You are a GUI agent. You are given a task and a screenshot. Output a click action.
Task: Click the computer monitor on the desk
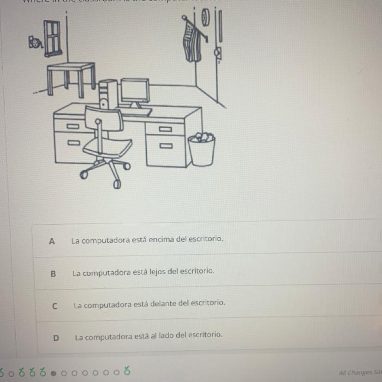(135, 90)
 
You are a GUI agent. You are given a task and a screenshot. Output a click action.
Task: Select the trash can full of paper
(202, 150)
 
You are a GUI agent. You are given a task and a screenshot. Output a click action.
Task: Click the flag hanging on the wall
(191, 42)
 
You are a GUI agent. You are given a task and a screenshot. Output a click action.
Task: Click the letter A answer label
(52, 241)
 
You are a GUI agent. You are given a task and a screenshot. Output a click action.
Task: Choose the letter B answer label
(53, 273)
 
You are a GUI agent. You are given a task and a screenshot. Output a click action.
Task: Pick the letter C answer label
(54, 305)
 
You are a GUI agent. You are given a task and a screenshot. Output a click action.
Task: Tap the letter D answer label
(56, 338)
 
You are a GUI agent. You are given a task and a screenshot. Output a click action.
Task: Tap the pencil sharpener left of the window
(35, 43)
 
